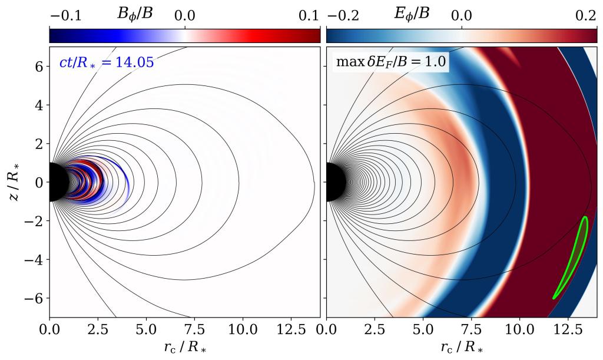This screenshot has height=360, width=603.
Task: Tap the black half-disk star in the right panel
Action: [334, 182]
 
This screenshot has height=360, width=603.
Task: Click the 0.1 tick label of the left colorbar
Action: [310, 15]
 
